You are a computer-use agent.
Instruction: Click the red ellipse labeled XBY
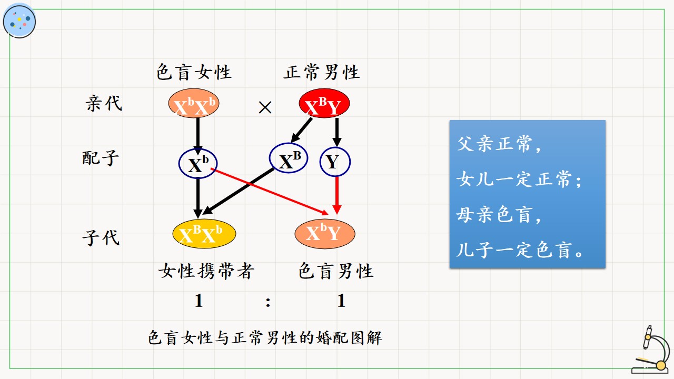point(324,103)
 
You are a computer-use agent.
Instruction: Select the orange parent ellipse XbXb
point(193,103)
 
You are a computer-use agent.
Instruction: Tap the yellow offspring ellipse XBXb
point(204,234)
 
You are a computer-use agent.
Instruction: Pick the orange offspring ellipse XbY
point(325,234)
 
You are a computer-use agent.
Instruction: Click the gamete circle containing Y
point(335,162)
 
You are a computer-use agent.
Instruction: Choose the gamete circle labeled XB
point(288,158)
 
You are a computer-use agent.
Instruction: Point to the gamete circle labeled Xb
point(198,163)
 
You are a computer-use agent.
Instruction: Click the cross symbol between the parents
point(265,107)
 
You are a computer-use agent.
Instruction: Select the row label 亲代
point(104,103)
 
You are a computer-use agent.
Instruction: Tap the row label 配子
point(101,158)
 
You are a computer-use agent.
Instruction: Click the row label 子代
point(101,238)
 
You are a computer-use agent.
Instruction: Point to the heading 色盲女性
point(194,72)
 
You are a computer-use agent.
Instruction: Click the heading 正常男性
point(322,72)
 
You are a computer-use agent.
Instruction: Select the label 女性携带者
point(206,271)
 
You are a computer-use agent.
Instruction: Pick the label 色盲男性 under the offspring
point(336,271)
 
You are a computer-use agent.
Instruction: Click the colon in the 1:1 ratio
point(268,302)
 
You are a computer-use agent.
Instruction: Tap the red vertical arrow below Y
point(337,195)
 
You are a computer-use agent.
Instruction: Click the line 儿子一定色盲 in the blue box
point(520,250)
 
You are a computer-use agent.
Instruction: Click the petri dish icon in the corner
point(19,21)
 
